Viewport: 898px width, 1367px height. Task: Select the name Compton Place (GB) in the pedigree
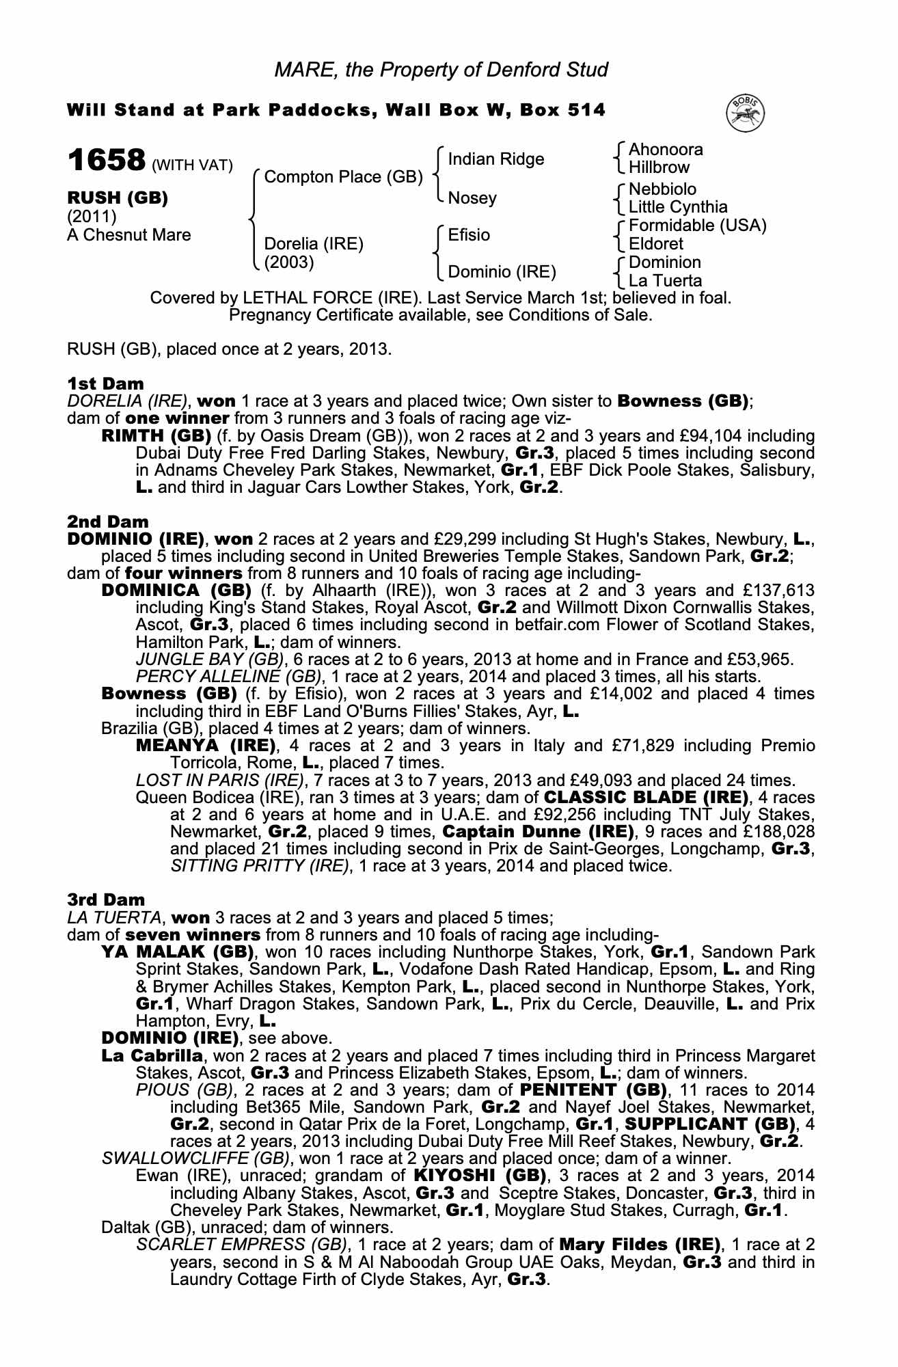coord(343,177)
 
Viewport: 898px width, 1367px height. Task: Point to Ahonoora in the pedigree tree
coord(665,150)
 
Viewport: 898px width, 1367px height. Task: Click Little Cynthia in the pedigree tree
coord(677,207)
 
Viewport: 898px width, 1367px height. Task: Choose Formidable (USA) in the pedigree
coord(697,226)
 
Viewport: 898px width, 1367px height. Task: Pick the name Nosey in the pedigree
coord(472,198)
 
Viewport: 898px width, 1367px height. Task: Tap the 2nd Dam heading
coord(107,522)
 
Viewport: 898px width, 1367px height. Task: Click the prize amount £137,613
coord(778,591)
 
